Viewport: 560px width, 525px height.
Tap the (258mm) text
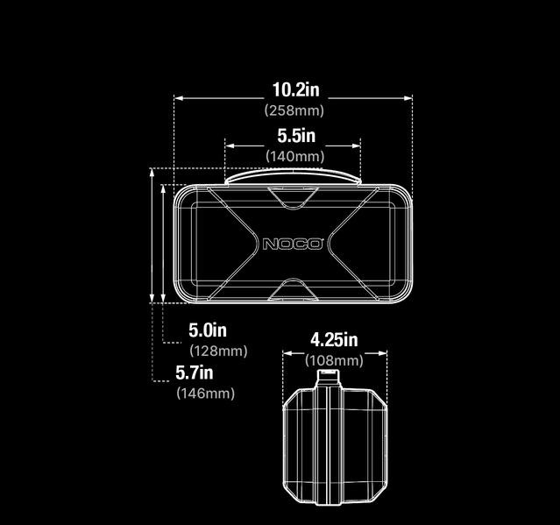[294, 110]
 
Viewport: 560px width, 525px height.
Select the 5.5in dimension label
[295, 136]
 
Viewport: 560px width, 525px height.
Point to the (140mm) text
[294, 156]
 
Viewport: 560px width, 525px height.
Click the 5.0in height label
[208, 330]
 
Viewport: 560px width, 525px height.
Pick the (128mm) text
[218, 351]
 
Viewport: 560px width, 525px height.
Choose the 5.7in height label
[195, 372]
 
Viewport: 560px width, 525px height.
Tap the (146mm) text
[206, 394]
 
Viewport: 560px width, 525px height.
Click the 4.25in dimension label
[334, 340]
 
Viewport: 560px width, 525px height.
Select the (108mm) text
[334, 360]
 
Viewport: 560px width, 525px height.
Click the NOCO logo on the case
[293, 244]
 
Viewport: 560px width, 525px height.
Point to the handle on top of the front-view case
[293, 177]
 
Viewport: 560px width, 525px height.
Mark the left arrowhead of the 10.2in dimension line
[177, 98]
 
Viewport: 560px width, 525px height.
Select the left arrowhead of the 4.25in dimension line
[285, 353]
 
